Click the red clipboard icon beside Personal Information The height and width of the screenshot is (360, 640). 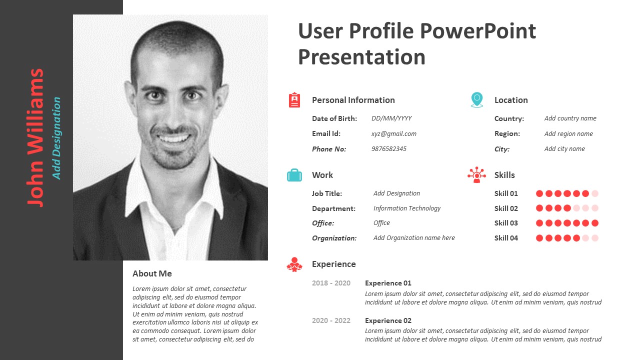[x=294, y=100]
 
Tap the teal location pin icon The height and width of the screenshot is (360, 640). [x=477, y=99]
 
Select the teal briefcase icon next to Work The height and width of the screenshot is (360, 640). [x=294, y=175]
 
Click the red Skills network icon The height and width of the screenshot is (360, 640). [x=476, y=175]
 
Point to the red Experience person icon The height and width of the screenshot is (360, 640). [x=294, y=264]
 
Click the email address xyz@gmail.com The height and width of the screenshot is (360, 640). [x=393, y=133]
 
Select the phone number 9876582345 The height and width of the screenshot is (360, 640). [x=389, y=149]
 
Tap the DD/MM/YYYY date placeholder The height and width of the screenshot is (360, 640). [x=391, y=118]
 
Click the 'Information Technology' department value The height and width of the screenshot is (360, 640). [x=407, y=208]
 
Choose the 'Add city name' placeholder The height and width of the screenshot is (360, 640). [x=564, y=149]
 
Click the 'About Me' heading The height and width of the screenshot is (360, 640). [x=152, y=273]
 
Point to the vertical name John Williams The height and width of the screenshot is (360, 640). [x=35, y=137]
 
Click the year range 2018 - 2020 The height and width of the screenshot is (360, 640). [x=331, y=283]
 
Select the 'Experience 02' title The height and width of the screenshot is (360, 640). [x=388, y=320]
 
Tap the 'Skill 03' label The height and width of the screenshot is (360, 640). [x=506, y=223]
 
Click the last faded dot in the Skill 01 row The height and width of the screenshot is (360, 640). [x=595, y=193]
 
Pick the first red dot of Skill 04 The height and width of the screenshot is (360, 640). [x=539, y=238]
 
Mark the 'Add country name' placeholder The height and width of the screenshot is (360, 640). [x=570, y=118]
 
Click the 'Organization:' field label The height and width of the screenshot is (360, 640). [x=334, y=238]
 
